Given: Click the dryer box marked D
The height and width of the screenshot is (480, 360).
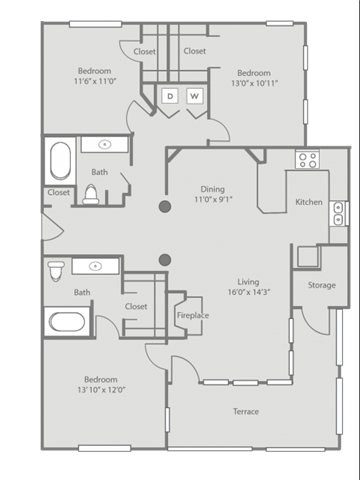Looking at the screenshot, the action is click(x=170, y=96).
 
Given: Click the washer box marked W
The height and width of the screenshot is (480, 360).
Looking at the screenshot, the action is click(x=194, y=96).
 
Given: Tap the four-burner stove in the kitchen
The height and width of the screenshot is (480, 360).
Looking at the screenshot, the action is click(x=307, y=160).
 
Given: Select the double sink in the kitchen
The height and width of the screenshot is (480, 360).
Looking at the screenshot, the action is click(x=338, y=213).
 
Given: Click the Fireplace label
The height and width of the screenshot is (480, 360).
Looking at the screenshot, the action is click(x=193, y=315).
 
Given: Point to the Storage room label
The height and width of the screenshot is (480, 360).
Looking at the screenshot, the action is click(x=322, y=285).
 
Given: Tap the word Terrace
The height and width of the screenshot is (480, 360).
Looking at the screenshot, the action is click(x=246, y=411).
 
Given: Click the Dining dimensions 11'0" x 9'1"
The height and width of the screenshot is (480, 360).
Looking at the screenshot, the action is click(x=213, y=200).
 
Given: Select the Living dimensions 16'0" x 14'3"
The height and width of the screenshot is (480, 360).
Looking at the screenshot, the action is click(x=249, y=292).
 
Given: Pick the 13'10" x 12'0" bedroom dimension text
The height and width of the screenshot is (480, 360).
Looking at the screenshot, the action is click(x=101, y=390).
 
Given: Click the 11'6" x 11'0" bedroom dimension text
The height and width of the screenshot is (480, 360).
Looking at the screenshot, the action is click(x=95, y=81).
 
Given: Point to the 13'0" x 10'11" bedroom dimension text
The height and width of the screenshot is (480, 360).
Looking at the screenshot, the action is click(x=254, y=83).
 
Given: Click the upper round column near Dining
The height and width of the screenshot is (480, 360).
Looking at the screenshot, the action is click(x=165, y=207).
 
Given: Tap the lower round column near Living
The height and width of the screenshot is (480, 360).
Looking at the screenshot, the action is click(x=165, y=260).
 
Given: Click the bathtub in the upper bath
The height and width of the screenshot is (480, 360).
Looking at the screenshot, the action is click(x=60, y=160).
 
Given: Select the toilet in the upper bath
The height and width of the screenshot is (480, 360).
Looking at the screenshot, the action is click(x=91, y=194).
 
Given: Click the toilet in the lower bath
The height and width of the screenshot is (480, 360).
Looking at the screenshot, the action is click(x=56, y=271).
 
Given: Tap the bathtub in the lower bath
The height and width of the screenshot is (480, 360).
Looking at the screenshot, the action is click(x=67, y=322).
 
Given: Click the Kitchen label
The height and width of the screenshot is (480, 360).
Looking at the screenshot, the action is click(x=309, y=202).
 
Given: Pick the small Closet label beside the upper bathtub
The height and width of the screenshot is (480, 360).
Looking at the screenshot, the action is click(x=59, y=192).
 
